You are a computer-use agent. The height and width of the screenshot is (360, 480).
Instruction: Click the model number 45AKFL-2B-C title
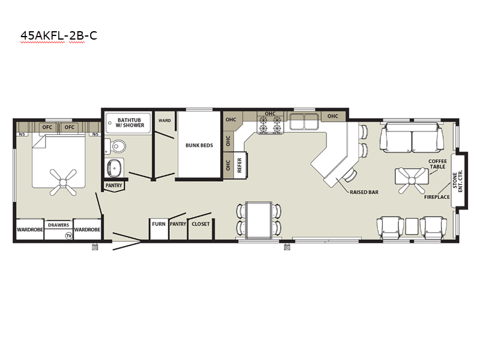click(x=59, y=35)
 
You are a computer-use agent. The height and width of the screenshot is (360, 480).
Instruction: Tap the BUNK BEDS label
click(x=199, y=145)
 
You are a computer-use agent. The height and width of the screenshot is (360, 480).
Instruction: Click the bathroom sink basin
click(x=115, y=168)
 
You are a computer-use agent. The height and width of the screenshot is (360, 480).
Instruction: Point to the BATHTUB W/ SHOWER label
click(x=130, y=122)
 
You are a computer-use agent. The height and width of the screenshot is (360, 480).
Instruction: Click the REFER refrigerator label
click(x=239, y=165)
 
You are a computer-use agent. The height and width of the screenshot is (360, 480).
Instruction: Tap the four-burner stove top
click(x=271, y=125)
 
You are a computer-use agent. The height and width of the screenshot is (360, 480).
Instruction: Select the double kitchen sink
click(x=304, y=121)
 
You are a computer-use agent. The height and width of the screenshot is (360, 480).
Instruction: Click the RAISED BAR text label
click(x=364, y=192)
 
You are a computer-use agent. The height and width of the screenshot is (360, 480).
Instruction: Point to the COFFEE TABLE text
click(x=438, y=164)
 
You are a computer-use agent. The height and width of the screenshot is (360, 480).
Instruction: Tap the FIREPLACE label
click(x=437, y=197)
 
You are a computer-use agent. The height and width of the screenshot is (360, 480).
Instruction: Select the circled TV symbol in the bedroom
click(x=69, y=235)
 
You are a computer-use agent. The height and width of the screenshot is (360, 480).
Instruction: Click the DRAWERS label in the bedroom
click(x=58, y=225)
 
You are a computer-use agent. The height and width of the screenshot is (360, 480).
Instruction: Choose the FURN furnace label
click(x=158, y=224)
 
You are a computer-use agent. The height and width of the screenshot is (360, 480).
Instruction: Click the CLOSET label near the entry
click(x=201, y=224)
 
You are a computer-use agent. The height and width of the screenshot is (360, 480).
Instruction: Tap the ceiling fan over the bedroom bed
click(x=63, y=182)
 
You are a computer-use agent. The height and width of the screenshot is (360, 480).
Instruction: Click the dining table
click(x=259, y=220)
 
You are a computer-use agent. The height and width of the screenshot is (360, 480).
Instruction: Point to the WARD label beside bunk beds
click(x=164, y=121)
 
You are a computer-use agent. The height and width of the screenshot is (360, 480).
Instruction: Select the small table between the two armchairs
click(x=412, y=227)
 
